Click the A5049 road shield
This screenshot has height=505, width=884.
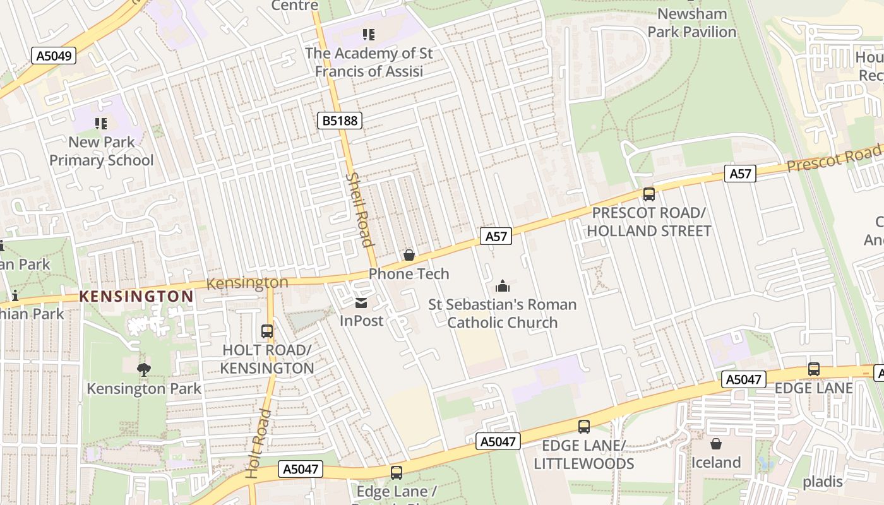pos(54,56)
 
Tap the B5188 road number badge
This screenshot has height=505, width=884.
pos(339,120)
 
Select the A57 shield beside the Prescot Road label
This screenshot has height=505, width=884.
pos(740,174)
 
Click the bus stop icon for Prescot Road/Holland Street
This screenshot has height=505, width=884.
pos(648,194)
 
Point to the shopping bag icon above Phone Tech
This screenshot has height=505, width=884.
pos(409,255)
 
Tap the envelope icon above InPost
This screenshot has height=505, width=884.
pos(361,303)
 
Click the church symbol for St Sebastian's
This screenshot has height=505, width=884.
pos(503,287)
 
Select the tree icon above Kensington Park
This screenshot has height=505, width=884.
pos(144,370)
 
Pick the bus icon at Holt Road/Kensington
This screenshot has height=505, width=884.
pos(267,331)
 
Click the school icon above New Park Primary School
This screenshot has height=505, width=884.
pos(101,124)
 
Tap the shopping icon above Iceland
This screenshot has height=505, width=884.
pos(715,444)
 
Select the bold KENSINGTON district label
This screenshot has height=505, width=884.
pos(136,296)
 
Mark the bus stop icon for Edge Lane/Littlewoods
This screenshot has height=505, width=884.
pos(584,427)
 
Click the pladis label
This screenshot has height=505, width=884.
pos(822,482)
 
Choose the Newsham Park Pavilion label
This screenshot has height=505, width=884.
pos(692,23)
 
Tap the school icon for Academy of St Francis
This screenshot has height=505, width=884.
pos(369,35)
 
